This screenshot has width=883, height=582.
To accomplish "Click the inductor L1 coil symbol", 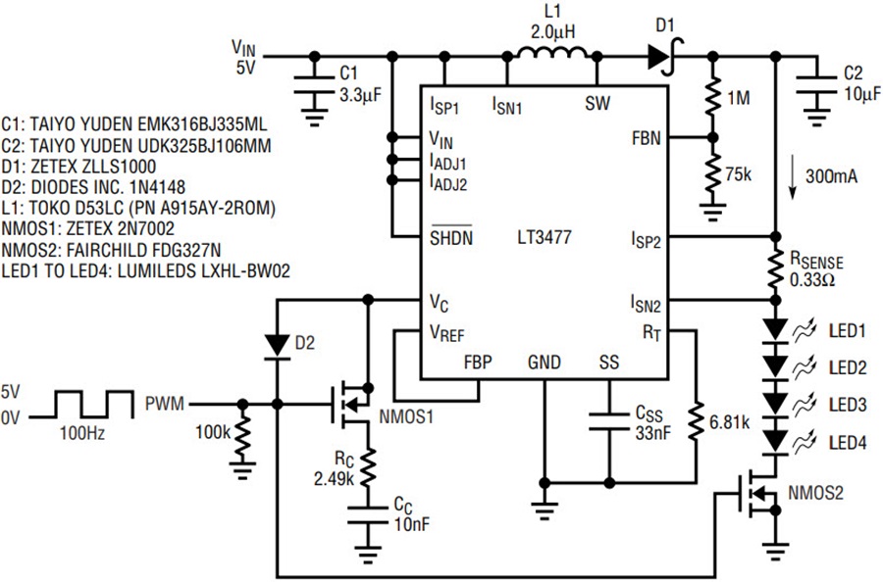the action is click(x=551, y=53).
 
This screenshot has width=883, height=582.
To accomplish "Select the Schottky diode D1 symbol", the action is click(x=665, y=56).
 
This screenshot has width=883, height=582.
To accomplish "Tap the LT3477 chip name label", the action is click(x=544, y=237).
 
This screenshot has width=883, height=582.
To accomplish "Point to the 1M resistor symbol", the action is click(x=712, y=98).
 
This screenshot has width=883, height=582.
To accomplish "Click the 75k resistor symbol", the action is click(x=712, y=174).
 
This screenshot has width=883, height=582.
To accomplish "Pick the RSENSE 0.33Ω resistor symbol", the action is click(x=775, y=268).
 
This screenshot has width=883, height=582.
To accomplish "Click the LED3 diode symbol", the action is click(x=776, y=404).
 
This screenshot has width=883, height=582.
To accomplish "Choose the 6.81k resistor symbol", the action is click(x=697, y=421).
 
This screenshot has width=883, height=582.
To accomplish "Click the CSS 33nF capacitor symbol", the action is click(x=608, y=422).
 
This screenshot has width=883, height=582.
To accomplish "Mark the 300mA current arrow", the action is click(x=793, y=180).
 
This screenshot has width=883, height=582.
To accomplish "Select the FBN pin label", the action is click(x=647, y=138).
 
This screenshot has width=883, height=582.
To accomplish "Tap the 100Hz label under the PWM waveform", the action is click(x=82, y=433).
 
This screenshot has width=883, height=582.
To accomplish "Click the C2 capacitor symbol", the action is click(x=816, y=86).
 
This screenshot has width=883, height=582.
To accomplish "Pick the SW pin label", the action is click(x=597, y=104).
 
